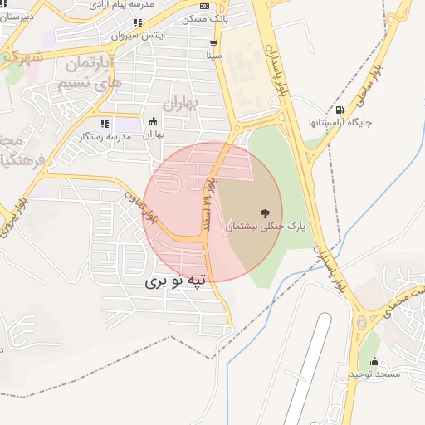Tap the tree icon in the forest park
tap(265, 213)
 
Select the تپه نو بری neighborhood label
tap(179, 281)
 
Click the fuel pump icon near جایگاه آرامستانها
tap(340, 110)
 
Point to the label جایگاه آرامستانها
tap(340, 122)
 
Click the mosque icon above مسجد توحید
tap(374, 362)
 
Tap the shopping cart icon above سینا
tap(214, 43)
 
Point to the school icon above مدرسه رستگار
tap(105, 124)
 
